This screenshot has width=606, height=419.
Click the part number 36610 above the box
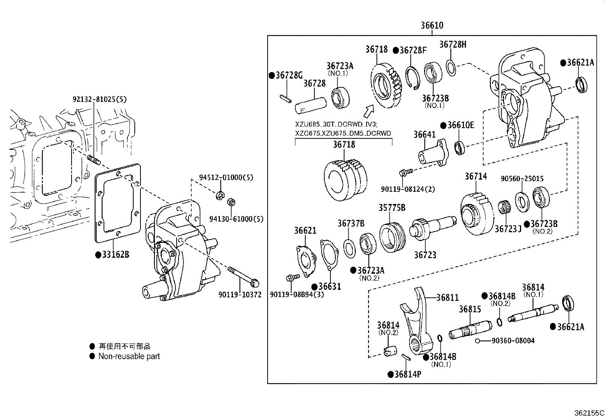click(x=432, y=26)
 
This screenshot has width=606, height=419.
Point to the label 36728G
click(x=285, y=75)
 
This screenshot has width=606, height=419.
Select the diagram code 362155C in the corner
click(x=589, y=413)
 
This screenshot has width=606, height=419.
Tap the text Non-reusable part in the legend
click(x=129, y=356)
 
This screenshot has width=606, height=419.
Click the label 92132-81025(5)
click(x=99, y=100)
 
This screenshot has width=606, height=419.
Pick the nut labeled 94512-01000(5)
click(x=220, y=196)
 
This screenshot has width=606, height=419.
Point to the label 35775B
click(x=392, y=208)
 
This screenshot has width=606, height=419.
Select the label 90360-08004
click(x=513, y=340)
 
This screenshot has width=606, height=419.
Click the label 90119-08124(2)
click(x=408, y=189)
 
